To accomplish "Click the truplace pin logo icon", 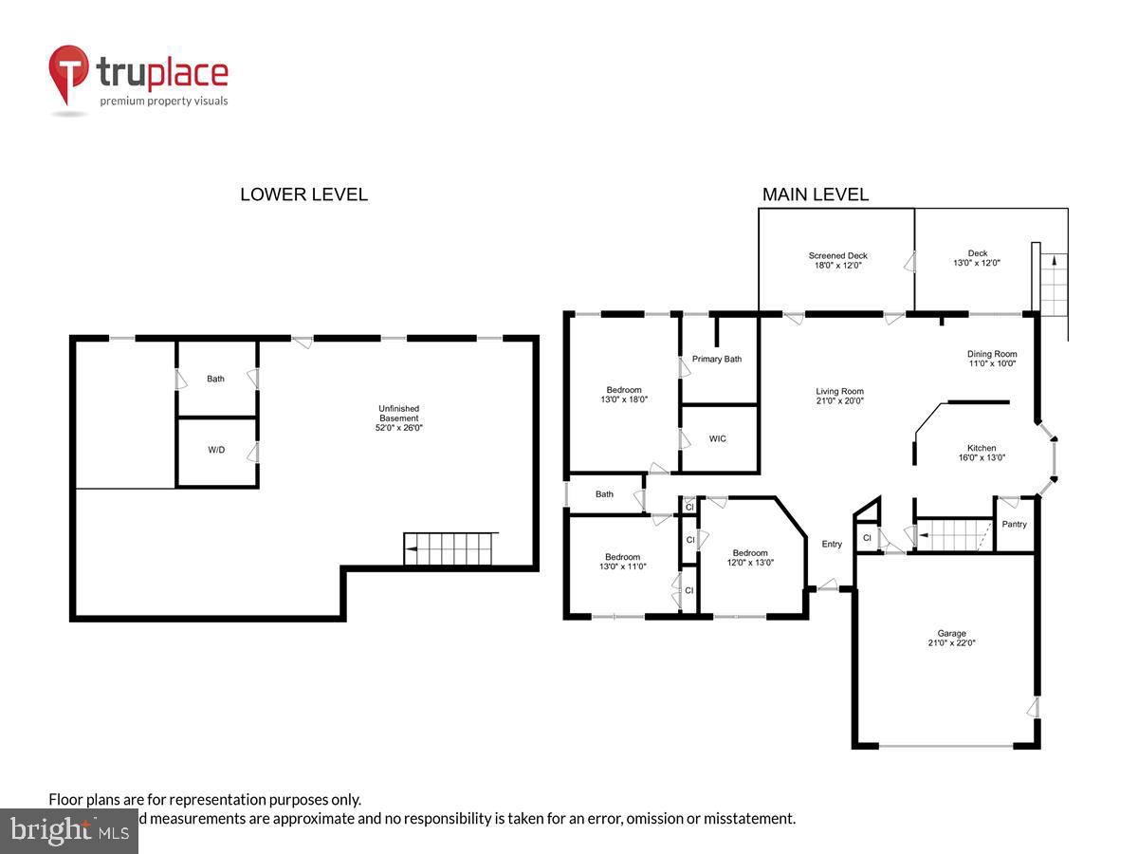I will click(x=68, y=73).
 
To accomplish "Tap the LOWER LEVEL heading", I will click(x=303, y=195).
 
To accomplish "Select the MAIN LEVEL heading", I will click(x=815, y=195).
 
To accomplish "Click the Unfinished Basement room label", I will click(x=398, y=418).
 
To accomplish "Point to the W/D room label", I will click(x=216, y=450).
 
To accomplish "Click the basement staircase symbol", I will click(x=450, y=549).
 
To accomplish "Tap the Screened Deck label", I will click(x=837, y=261).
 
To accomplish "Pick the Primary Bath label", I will click(x=717, y=359).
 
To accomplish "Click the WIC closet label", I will click(x=718, y=438).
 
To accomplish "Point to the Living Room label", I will click(x=839, y=396).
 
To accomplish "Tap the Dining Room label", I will click(x=991, y=359).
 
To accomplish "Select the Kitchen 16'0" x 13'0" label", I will click(x=981, y=454).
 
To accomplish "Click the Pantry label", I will click(x=1014, y=524).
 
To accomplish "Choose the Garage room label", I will click(x=951, y=638).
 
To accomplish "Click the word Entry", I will click(x=832, y=544).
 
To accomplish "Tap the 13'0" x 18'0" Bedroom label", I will click(x=623, y=395).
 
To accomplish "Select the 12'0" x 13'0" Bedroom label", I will click(x=749, y=558).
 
